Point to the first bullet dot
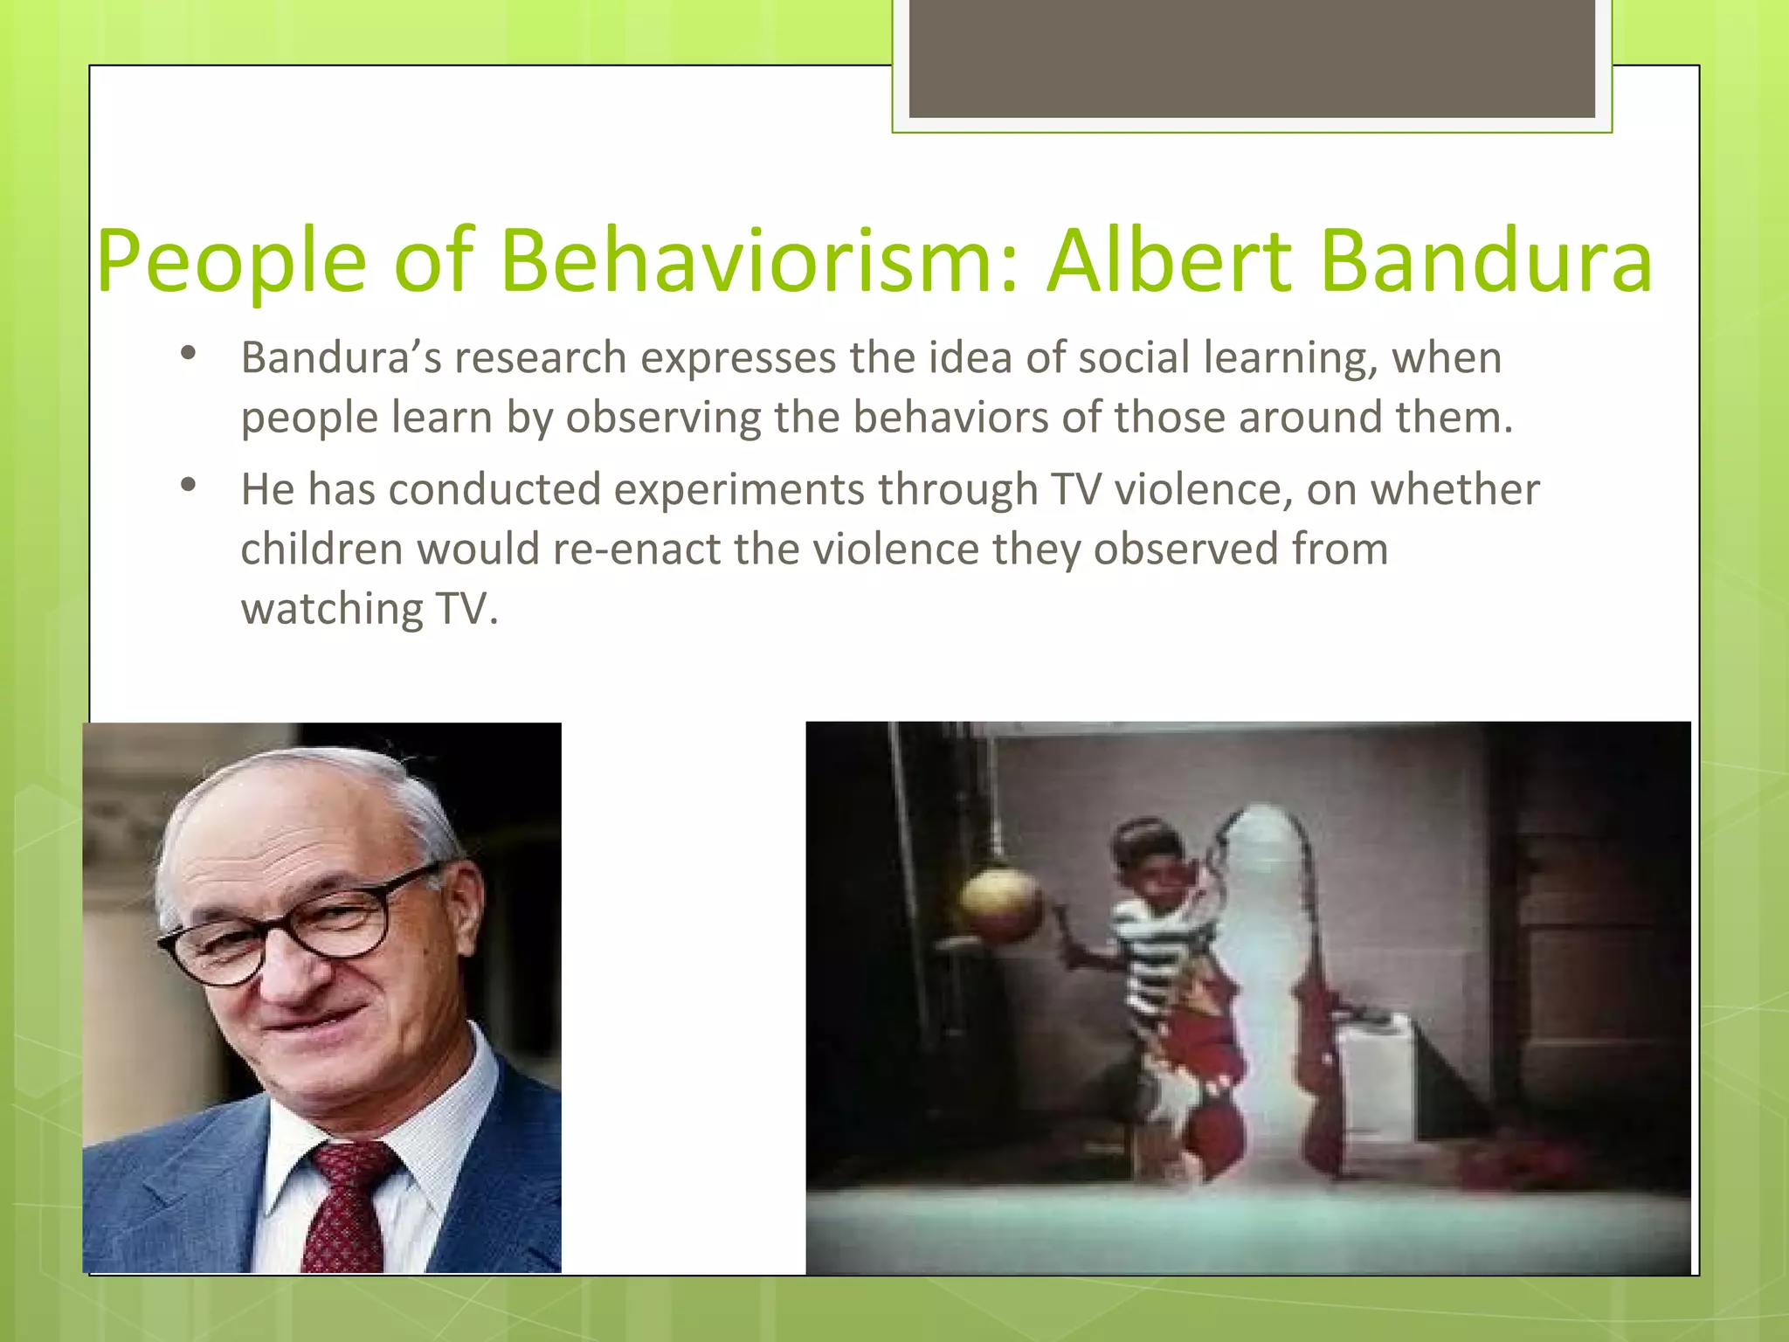pyautogui.click(x=187, y=354)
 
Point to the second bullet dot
pyautogui.click(x=187, y=486)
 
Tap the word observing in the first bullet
pyautogui.click(x=663, y=418)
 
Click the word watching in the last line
pyautogui.click(x=332, y=609)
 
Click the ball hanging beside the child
pyautogui.click(x=1002, y=905)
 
